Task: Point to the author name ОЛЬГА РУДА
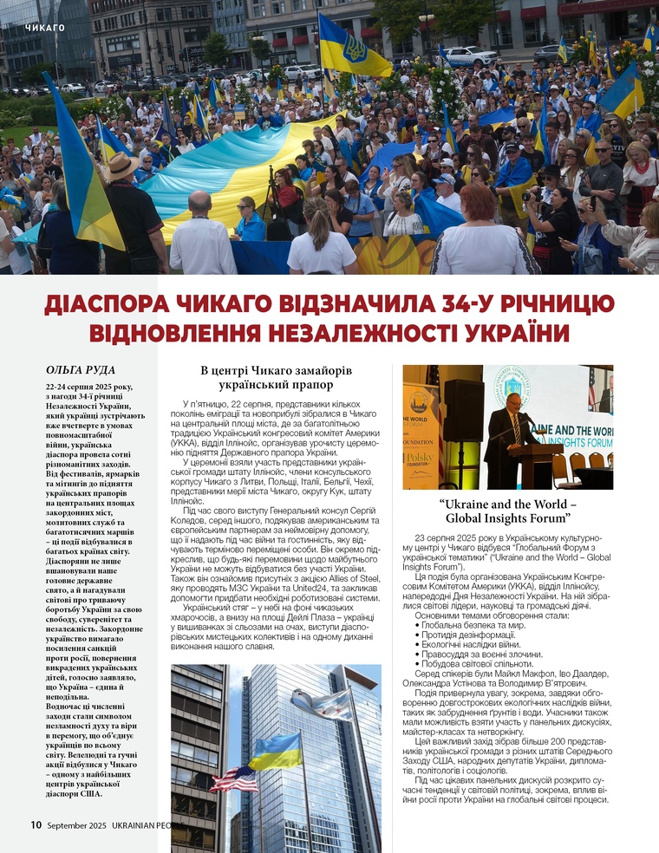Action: coord(81,369)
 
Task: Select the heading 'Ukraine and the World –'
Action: coord(507,503)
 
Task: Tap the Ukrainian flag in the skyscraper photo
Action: coord(275,749)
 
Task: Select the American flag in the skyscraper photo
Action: coord(233,778)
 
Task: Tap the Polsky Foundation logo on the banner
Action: coord(420,455)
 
